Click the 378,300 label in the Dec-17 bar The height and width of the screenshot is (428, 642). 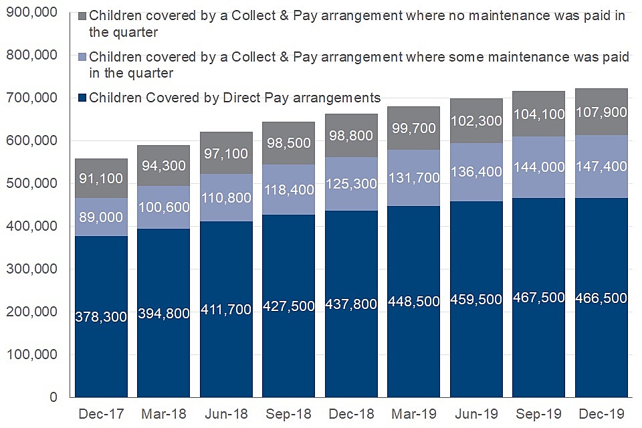101,317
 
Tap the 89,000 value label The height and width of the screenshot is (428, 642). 101,217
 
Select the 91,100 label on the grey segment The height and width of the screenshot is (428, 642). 101,179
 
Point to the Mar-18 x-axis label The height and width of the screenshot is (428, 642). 164,414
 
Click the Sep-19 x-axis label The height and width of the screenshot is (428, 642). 539,414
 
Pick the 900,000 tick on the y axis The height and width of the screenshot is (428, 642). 32,13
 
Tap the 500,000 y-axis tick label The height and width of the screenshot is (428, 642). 32,184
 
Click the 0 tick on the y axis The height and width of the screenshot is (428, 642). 54,398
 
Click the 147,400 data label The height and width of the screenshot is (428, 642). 601,167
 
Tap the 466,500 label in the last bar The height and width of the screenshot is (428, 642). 601,298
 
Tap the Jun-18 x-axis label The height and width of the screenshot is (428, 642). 226,414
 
